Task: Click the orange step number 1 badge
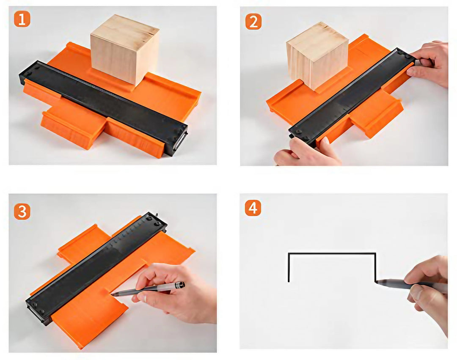(22, 19)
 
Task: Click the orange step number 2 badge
(253, 22)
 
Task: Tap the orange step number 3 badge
(22, 212)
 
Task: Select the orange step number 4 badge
(253, 208)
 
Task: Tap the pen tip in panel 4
(377, 282)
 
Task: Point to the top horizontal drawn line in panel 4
(332, 253)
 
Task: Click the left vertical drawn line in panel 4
(289, 267)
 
